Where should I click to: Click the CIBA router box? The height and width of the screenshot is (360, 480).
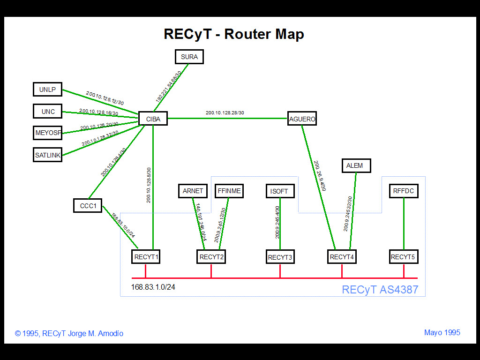coord(153,119)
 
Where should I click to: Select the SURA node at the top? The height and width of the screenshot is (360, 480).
coord(189,57)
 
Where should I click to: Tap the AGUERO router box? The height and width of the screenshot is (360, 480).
coord(302,119)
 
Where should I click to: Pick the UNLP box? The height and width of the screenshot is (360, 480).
coord(48,89)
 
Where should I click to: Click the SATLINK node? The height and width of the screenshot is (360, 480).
coord(48,155)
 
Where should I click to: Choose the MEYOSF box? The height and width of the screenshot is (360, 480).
coord(48,133)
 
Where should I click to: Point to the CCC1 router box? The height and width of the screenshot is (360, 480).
coord(88,205)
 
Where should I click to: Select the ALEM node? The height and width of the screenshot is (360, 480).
coord(356,165)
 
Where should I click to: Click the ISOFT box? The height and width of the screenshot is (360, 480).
coord(280,191)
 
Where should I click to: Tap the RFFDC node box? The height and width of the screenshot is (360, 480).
coord(404,191)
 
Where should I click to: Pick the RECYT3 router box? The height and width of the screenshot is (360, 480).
coord(280,257)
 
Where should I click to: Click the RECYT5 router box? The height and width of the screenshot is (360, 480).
coord(403,257)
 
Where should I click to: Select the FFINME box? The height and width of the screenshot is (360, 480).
coord(229,191)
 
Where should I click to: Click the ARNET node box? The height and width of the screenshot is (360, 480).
coord(193,191)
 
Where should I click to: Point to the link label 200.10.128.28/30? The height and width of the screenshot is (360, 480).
coord(225,112)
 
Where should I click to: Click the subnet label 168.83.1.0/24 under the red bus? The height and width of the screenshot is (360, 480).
coord(153,287)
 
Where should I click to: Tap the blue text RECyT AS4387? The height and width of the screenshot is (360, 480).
coord(380,289)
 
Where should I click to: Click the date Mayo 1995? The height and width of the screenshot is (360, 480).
coord(442,332)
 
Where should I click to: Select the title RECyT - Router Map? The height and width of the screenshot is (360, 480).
coord(233,34)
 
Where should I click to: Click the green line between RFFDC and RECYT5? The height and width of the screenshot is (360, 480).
coord(404,224)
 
